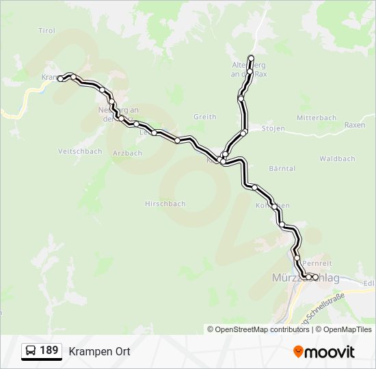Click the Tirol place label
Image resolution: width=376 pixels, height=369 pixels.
pos(46,31)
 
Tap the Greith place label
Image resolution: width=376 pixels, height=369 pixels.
pos(204,117)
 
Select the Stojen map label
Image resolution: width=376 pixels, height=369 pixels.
pos(273,128)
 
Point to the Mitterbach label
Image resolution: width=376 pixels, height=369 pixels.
pos(317,118)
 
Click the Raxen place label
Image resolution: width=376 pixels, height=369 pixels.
pos(355,125)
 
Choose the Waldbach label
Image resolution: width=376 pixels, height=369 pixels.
pos(337,159)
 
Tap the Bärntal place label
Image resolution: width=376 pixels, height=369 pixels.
pos(282,168)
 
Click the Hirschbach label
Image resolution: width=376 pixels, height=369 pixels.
pos(165,204)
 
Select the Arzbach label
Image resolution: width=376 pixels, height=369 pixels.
pos(127,153)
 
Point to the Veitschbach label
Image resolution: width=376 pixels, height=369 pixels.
pos(80,151)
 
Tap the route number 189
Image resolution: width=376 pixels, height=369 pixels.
pos(49,351)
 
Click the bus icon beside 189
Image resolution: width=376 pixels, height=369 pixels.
pos(31,351)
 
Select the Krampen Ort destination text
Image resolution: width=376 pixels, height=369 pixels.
pos(99,351)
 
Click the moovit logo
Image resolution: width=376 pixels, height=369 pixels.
pos(324,351)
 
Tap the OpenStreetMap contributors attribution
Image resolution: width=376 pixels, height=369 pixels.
pos(258,329)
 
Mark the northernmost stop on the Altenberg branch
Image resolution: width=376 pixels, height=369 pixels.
pos(251,57)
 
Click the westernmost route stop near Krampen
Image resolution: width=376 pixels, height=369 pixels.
pos(60,79)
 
